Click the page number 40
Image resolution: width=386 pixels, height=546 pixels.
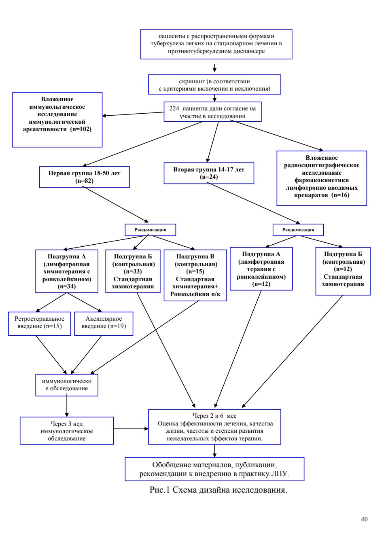point(364,519)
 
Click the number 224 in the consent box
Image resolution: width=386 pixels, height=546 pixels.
point(174,108)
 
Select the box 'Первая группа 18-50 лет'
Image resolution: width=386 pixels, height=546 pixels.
point(85,177)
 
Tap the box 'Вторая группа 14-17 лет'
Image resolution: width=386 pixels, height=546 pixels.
point(209,173)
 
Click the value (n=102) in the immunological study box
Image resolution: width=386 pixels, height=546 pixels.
point(81,129)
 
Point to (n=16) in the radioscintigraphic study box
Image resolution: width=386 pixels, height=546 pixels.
point(340,195)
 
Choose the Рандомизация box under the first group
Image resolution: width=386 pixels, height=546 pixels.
point(150,230)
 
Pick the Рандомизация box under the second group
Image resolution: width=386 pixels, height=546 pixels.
point(298,230)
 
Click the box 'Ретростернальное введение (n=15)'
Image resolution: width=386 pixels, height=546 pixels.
point(40,324)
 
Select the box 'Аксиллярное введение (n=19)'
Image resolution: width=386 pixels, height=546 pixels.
point(104,324)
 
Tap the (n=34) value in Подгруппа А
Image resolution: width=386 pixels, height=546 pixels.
point(67,286)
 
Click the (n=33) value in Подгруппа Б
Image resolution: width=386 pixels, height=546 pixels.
point(133,271)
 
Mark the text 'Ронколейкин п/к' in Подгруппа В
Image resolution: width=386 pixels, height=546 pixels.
point(195,294)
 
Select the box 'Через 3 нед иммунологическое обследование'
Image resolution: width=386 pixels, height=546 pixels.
point(67,431)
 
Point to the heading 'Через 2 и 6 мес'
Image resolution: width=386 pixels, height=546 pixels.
point(214,416)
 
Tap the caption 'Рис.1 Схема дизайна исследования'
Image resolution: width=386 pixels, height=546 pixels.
point(218,490)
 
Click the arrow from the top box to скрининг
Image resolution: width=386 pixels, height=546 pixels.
point(214,68)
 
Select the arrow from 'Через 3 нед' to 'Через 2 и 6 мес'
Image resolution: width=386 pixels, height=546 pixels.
point(131,429)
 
